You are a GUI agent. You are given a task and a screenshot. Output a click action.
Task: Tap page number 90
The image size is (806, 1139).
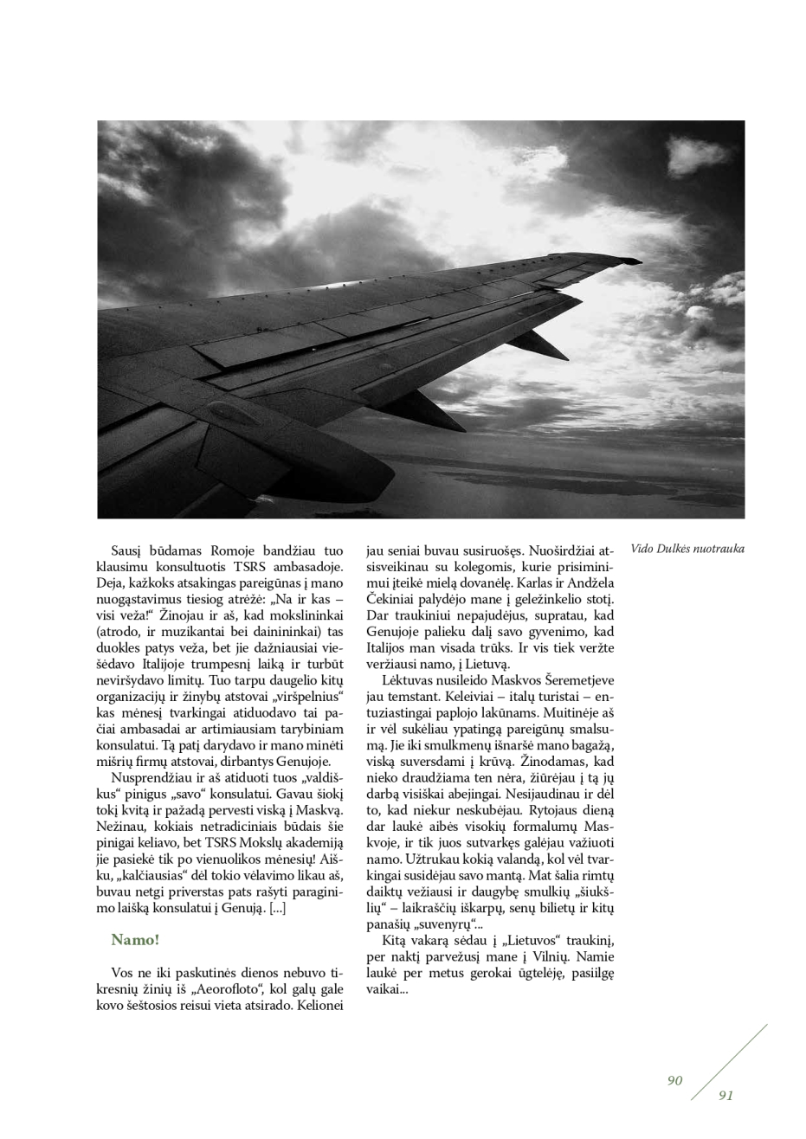coord(675,1080)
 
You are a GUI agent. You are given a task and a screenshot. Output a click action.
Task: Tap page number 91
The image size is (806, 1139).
coord(725,1096)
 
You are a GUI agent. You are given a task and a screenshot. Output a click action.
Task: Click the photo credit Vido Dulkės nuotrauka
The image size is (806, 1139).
coord(687,549)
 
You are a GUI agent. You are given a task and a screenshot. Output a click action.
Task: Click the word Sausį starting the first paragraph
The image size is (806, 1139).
coord(127,550)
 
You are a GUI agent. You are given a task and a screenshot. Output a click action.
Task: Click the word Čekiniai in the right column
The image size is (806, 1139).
coord(394,599)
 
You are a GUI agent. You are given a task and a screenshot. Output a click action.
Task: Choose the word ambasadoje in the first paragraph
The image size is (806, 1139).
coord(307,567)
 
